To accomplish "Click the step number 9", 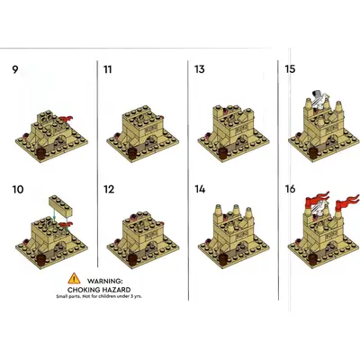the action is [x=15, y=69].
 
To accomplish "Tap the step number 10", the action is [x=18, y=190].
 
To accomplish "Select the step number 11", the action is [x=107, y=69].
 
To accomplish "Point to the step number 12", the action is [x=109, y=190].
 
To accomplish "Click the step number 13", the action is [x=200, y=69].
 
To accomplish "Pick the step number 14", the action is [x=200, y=189].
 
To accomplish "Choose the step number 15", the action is [x=290, y=69].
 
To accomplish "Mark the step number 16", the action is [x=291, y=189].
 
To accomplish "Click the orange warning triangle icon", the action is [x=74, y=279].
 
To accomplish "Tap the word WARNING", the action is [x=105, y=282].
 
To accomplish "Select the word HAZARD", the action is [x=117, y=290].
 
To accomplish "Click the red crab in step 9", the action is [x=67, y=119].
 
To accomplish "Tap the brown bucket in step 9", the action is [x=41, y=153].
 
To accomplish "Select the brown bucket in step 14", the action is [x=223, y=259].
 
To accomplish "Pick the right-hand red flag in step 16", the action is [x=347, y=202].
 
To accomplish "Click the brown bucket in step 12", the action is [x=132, y=260].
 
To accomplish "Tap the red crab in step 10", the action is [x=67, y=225].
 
